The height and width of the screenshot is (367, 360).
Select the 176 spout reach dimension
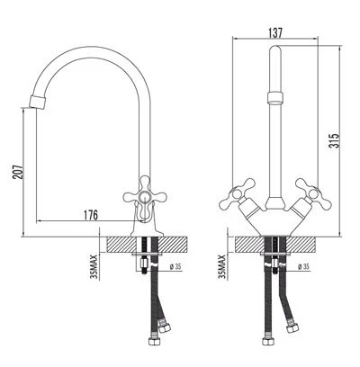pyautogui.click(x=91, y=214)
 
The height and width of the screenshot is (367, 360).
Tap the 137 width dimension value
pyautogui.click(x=276, y=31)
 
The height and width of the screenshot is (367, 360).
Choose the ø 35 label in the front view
pyautogui.click(x=302, y=267)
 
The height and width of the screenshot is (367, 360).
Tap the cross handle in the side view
pyautogui.click(x=143, y=194)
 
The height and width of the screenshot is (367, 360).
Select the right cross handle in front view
pyautogui.click(x=310, y=190)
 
